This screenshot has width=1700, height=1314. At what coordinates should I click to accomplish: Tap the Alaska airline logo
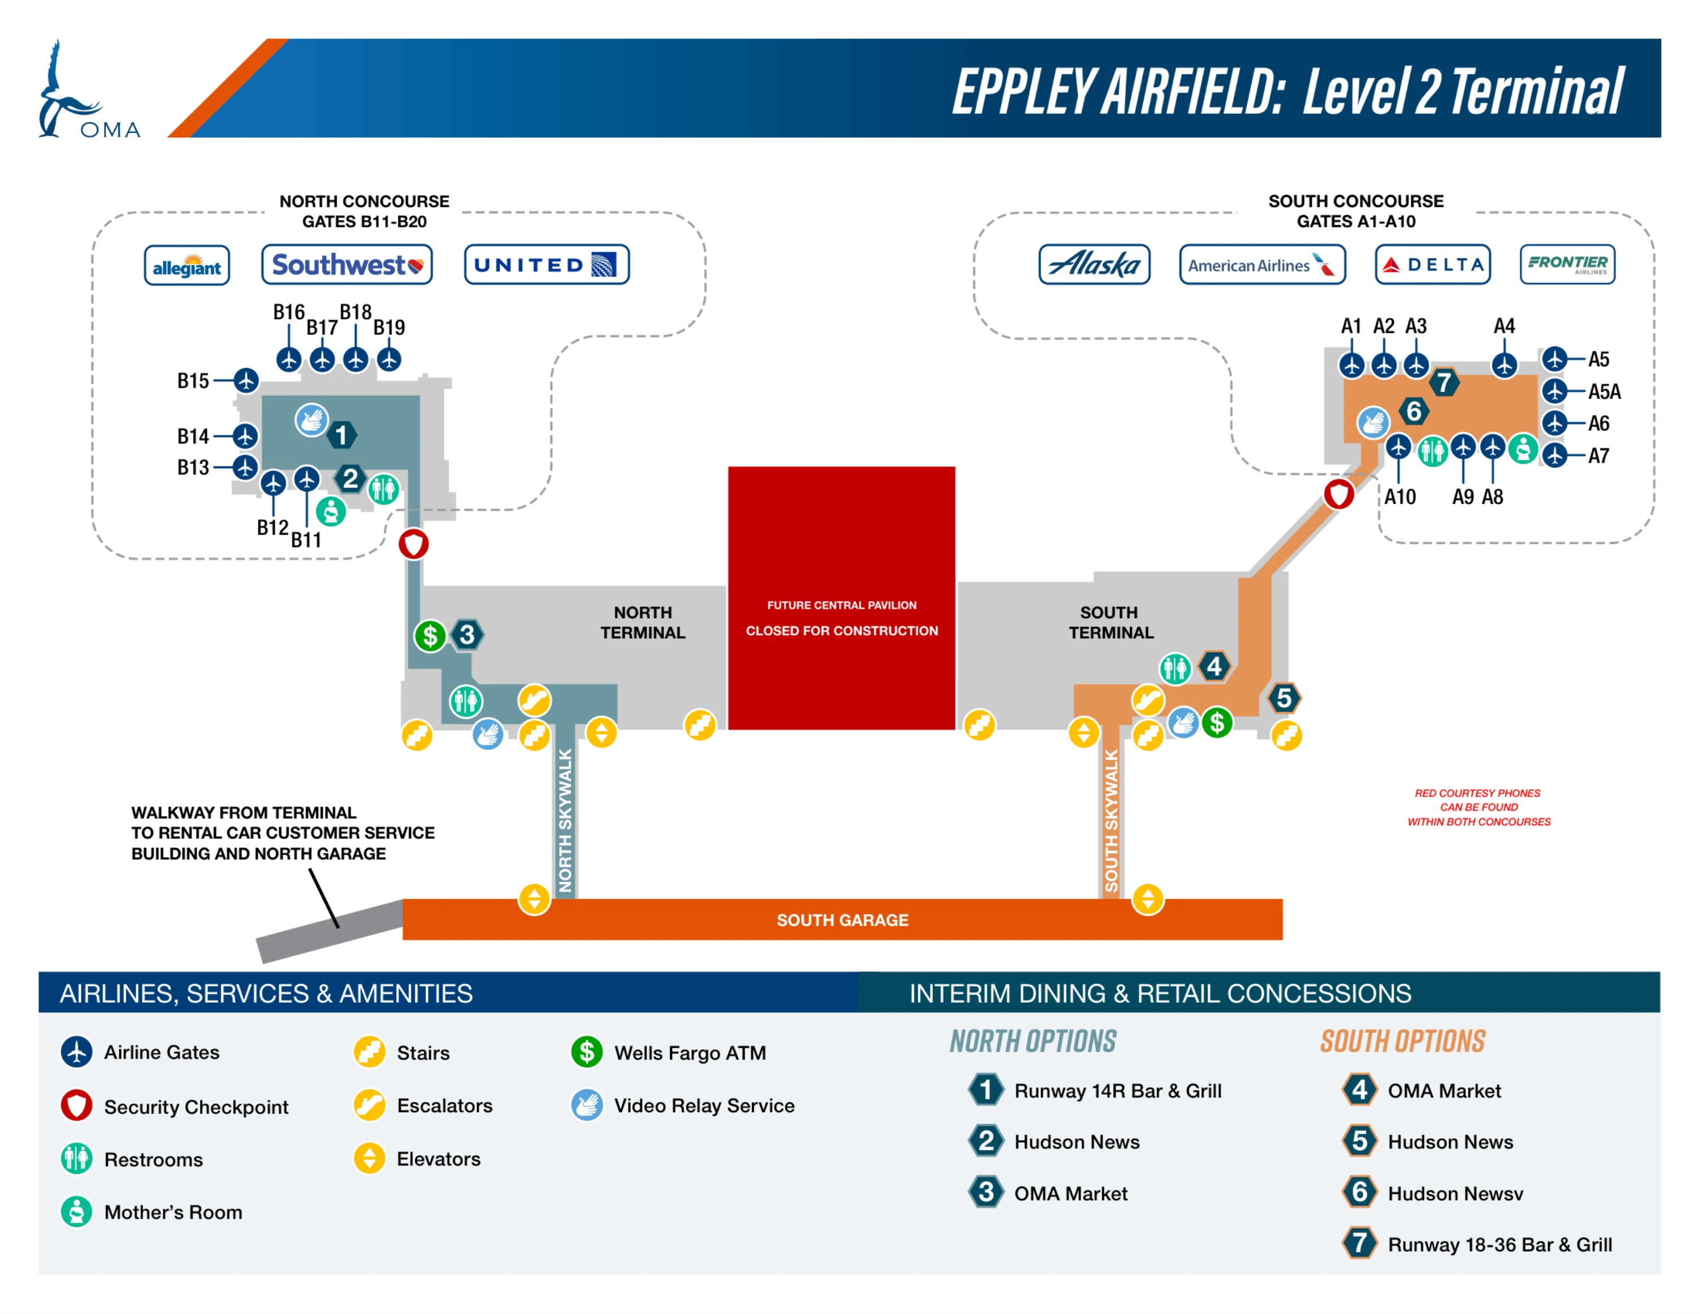coord(1094,265)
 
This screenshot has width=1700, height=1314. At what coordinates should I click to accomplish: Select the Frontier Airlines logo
coord(1567,264)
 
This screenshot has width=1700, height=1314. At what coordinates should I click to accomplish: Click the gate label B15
coord(193,381)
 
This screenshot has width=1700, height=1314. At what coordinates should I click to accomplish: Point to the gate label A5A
coord(1604,392)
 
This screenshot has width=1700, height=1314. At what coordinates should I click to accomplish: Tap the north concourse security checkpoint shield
coord(413,544)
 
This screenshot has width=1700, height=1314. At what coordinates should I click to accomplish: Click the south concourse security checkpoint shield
coord(1339,494)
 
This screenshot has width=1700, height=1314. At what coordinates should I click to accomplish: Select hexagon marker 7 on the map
coord(1444,382)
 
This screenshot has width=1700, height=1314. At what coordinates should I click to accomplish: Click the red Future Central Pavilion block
coord(841,598)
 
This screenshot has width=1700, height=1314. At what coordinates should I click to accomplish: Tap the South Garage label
coord(842,920)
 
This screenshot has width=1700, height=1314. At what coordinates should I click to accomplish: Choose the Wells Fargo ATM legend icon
coord(587,1052)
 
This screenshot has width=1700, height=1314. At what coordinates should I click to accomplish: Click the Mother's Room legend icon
coord(76,1211)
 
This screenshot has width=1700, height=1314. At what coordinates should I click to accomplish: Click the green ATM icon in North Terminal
coord(430,636)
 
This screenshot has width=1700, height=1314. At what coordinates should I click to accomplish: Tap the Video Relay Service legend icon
coord(587,1105)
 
